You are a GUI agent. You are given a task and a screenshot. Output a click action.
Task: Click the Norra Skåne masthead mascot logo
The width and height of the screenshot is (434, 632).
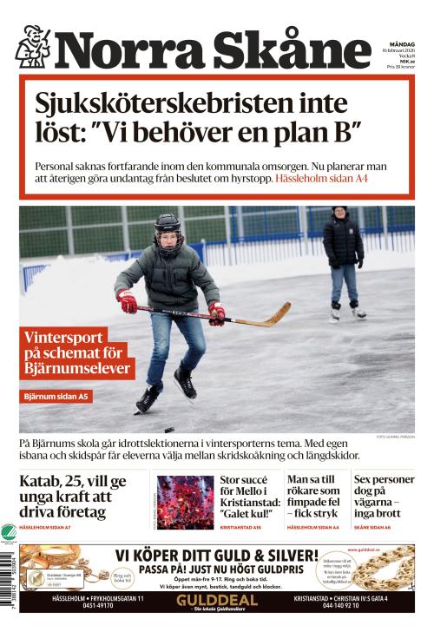[33, 47]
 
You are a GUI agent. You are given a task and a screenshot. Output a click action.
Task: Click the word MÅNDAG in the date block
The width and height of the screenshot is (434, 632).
[401, 44]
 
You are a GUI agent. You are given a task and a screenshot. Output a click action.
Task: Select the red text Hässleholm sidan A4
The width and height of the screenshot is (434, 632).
[321, 178]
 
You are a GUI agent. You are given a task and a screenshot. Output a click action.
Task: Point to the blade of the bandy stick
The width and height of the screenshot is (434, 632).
[279, 312]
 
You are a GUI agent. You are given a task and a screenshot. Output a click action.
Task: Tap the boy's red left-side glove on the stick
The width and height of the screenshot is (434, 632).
[128, 301]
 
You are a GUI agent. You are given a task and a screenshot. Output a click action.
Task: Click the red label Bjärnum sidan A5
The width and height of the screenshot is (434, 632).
[56, 397]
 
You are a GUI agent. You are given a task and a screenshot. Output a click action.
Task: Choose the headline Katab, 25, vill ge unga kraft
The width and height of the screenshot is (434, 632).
[73, 496]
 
